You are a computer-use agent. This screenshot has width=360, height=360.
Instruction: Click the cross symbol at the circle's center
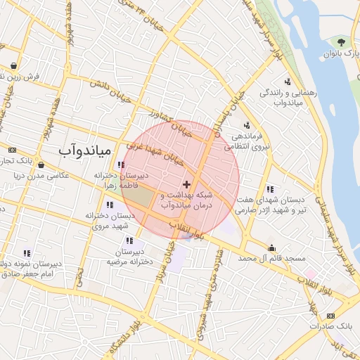[186, 184]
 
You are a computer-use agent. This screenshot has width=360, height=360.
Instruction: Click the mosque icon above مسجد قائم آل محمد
[272, 247]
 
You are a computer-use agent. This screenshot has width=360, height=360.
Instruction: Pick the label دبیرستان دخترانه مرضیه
[125, 257]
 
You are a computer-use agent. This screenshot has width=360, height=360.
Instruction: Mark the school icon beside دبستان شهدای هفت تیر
[270, 189]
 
